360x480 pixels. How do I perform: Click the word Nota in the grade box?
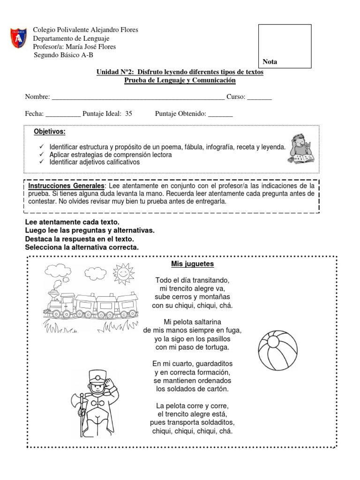270,61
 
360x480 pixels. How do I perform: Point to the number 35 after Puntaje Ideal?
129,113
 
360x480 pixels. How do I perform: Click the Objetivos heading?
50,131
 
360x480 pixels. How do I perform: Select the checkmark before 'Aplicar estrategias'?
42,154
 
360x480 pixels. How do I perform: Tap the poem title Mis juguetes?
193,264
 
